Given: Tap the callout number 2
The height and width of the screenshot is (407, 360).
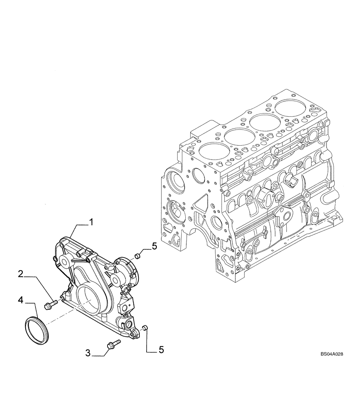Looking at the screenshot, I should pos(20,274).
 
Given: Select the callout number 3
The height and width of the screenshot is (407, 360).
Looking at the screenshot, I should pos(88,353).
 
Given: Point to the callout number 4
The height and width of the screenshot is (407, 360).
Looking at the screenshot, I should pos(20,301).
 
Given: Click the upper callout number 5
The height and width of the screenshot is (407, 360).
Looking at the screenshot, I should pos(154,245).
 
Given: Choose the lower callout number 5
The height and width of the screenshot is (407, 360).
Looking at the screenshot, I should pos(161,350).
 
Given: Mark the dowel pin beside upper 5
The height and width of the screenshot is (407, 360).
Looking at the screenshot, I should pos(138,256).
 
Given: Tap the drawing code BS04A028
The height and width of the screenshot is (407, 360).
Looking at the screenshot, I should pos(331,354).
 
